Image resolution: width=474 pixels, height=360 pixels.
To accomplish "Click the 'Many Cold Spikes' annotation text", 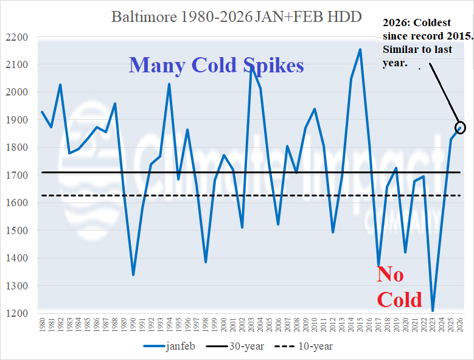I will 216,65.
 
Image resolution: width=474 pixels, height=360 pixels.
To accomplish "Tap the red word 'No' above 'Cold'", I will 390,274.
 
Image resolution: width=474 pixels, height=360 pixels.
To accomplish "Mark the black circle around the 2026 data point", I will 460,127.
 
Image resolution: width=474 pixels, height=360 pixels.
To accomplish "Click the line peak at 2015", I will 360,49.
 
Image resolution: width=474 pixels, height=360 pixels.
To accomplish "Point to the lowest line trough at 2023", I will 433,311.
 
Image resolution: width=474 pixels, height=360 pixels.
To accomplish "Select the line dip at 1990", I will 133,275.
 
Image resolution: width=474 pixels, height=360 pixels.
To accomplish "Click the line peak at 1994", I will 169,84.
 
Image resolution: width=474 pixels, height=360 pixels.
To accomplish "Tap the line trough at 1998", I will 206,262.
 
